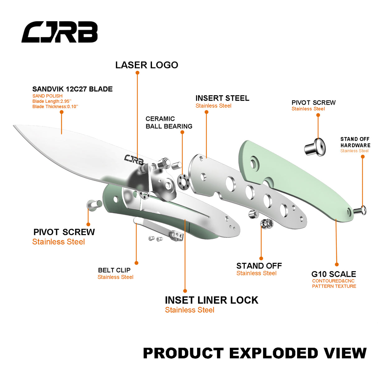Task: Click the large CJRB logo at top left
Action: click(59, 32)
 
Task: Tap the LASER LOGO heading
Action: click(147, 65)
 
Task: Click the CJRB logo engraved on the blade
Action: click(134, 160)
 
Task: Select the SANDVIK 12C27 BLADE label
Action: click(73, 89)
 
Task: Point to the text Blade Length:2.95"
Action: click(52, 101)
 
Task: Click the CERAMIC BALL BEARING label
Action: click(169, 123)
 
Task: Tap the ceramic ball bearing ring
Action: click(183, 182)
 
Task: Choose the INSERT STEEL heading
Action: click(222, 98)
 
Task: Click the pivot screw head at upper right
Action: click(315, 147)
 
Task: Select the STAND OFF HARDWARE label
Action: click(355, 142)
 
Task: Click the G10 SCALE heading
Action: click(334, 274)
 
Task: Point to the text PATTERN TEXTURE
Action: click(334, 286)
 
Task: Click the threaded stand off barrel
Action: click(267, 224)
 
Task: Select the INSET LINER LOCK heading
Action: click(211, 300)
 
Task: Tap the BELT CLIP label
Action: click(114, 270)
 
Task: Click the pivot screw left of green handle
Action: click(94, 204)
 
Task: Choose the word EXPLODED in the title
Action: click(274, 353)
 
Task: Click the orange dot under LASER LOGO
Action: click(137, 73)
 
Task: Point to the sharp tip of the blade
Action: click(14, 126)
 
